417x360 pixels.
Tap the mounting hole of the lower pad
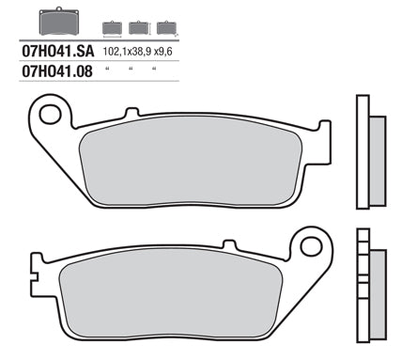click(309, 247)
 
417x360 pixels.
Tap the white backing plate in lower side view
click(363, 291)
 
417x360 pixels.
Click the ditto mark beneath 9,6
click(153, 70)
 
